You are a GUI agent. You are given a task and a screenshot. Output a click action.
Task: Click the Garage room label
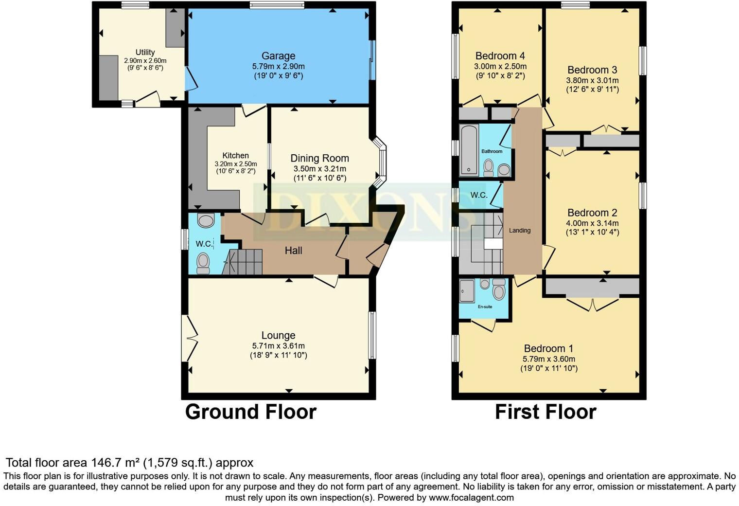[278, 56]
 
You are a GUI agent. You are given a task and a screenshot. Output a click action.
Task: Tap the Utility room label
[145, 52]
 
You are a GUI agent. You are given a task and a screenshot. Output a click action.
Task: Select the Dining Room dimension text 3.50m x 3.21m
[320, 169]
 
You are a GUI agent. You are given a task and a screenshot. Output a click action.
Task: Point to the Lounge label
[278, 335]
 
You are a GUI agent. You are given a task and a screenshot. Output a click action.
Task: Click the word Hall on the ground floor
[293, 251]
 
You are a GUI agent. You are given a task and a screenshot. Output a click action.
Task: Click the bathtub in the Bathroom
[469, 149]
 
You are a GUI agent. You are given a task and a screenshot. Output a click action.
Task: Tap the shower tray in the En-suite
[467, 291]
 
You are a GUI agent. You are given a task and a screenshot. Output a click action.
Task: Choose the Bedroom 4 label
[500, 56]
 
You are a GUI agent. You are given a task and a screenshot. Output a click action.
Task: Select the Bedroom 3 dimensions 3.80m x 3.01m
[592, 80]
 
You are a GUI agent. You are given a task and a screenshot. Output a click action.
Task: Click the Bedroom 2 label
[592, 213]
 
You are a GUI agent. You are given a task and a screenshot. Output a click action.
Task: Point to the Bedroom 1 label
[548, 348]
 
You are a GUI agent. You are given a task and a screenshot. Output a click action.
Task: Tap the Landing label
[520, 231]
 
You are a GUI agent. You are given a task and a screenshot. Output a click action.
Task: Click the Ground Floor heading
[251, 412]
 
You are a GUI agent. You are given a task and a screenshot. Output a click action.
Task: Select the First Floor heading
[545, 412]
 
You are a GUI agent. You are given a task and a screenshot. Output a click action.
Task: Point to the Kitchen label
[235, 156]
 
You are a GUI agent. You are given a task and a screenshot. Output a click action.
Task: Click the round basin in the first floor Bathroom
[504, 170]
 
